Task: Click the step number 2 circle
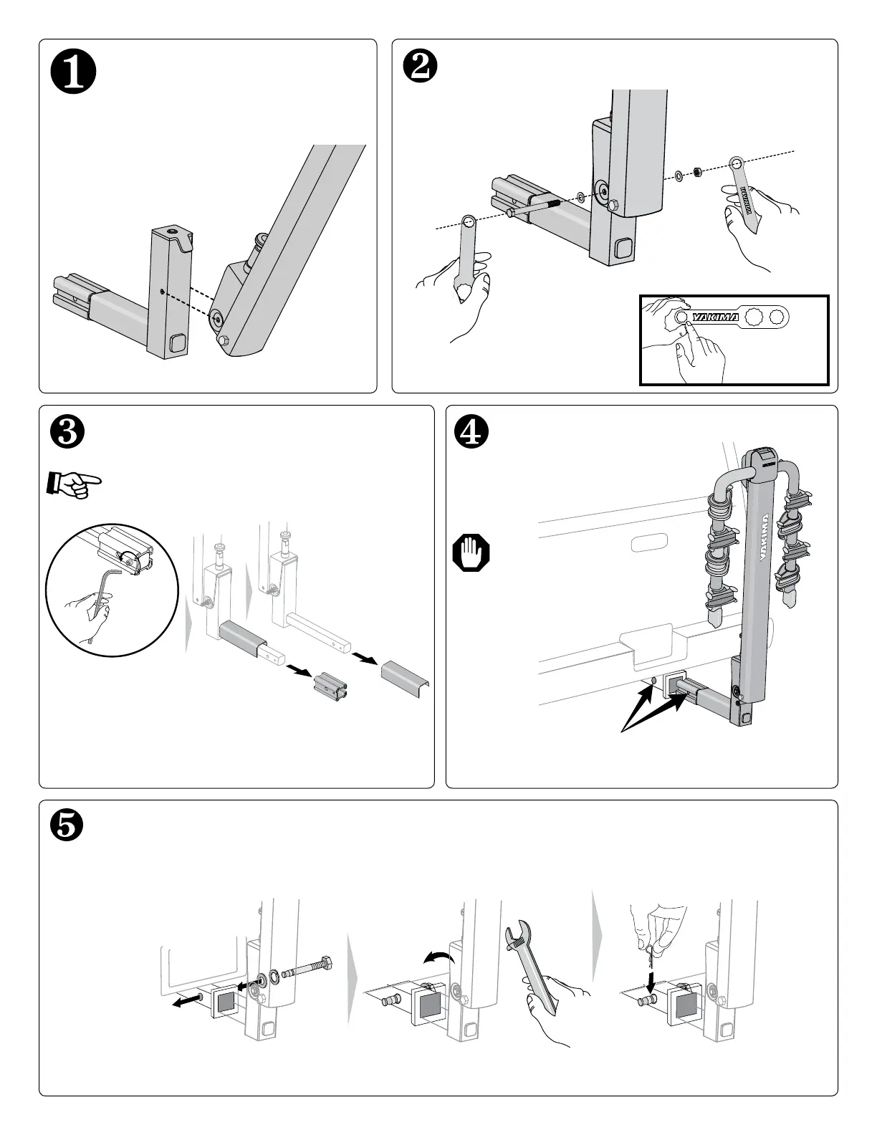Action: tap(420, 70)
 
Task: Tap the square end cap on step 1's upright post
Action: tap(176, 345)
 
